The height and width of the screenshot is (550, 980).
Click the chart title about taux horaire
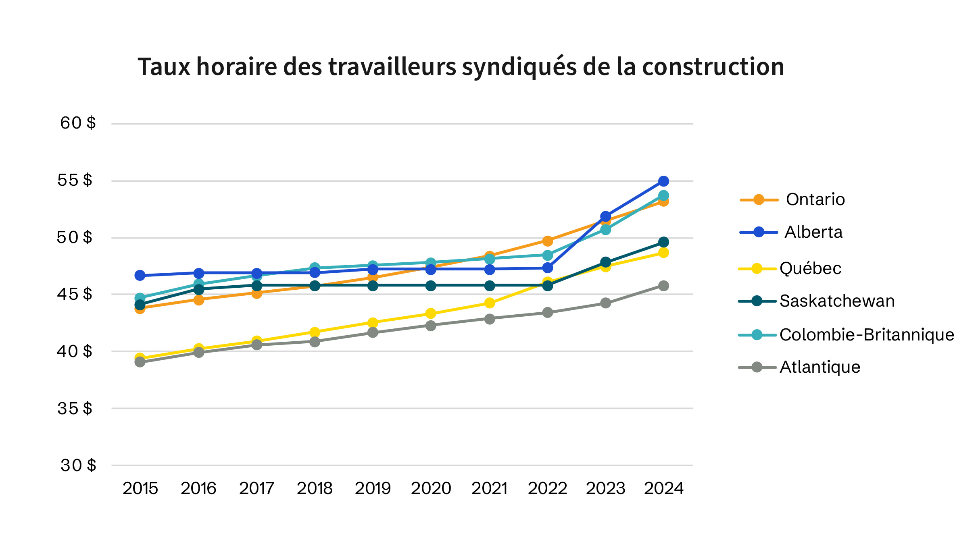(461, 67)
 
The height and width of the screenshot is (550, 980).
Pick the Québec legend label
(810, 268)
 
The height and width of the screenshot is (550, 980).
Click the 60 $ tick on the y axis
(78, 123)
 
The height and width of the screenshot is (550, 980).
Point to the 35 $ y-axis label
(75, 409)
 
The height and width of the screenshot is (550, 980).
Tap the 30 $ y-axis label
(78, 465)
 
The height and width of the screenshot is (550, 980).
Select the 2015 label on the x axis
(140, 489)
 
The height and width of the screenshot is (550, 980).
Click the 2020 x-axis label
(431, 489)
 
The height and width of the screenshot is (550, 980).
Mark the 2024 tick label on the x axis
(663, 489)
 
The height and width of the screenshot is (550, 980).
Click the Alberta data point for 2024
(663, 181)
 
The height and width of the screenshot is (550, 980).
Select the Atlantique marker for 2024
(663, 286)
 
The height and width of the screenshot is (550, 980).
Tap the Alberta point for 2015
(140, 276)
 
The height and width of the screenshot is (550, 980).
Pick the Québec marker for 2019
(373, 323)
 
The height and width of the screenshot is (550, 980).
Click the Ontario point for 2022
(547, 241)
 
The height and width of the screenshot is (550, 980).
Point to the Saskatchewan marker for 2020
(431, 286)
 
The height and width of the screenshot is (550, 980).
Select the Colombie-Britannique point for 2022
(547, 255)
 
